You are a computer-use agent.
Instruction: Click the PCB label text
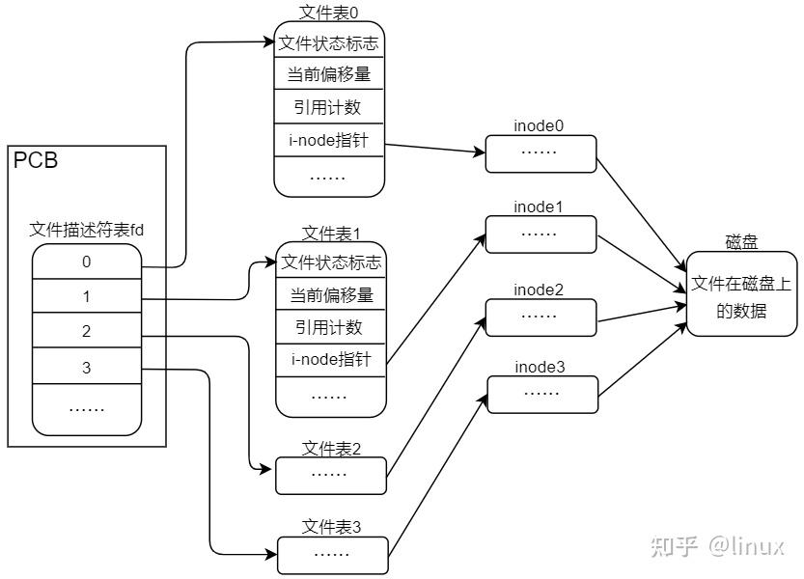pyautogui.click(x=36, y=160)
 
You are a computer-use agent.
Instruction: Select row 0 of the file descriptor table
pyautogui.click(x=87, y=262)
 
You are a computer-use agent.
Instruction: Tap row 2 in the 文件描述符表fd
pyautogui.click(x=87, y=331)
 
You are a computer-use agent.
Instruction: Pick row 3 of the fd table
pyautogui.click(x=87, y=366)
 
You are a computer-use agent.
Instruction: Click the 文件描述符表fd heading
pyautogui.click(x=87, y=230)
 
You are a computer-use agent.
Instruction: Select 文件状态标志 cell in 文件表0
pyautogui.click(x=329, y=43)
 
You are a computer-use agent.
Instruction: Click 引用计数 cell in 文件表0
pyautogui.click(x=329, y=107)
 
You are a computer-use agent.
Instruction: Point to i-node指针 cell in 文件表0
pyautogui.click(x=329, y=140)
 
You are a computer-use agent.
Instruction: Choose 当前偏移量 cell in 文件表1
pyautogui.click(x=331, y=294)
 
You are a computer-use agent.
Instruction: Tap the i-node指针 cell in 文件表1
pyautogui.click(x=331, y=360)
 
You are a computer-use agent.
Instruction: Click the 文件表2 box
pyautogui.click(x=331, y=476)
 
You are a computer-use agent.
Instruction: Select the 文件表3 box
pyautogui.click(x=333, y=556)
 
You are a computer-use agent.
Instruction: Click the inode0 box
pyautogui.click(x=541, y=153)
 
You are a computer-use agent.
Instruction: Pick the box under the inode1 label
pyautogui.click(x=541, y=234)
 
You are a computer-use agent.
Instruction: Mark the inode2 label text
pyautogui.click(x=539, y=289)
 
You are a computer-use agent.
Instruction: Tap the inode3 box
pyautogui.click(x=542, y=395)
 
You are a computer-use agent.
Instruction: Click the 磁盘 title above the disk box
pyautogui.click(x=741, y=242)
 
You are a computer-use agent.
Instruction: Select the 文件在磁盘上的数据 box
pyautogui.click(x=742, y=294)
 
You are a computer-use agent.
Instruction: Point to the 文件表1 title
pyautogui.click(x=331, y=234)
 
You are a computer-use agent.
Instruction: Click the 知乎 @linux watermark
pyautogui.click(x=718, y=546)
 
